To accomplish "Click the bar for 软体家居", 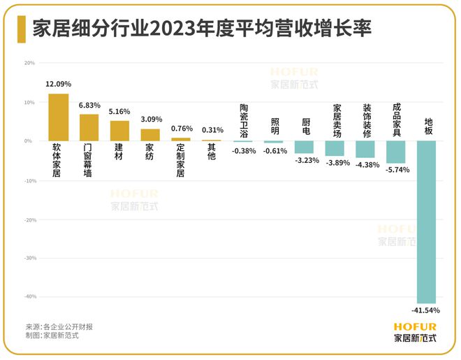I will pyautogui.click(x=58, y=117).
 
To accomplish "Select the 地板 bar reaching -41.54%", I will pyautogui.click(x=427, y=222).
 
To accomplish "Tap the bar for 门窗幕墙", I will pyautogui.click(x=89, y=128).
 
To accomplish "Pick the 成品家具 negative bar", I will pyautogui.click(x=396, y=152).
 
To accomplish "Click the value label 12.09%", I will pyautogui.click(x=58, y=85).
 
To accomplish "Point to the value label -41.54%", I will pyautogui.click(x=425, y=310).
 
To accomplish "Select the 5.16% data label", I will pyautogui.click(x=119, y=111).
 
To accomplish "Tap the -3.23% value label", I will pyautogui.click(x=304, y=160).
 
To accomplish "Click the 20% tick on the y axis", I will pyautogui.click(x=29, y=63).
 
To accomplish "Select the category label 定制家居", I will pyautogui.click(x=180, y=161).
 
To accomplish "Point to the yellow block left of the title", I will pyautogui.click(x=21, y=28).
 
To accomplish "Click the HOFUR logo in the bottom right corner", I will pyautogui.click(x=415, y=331).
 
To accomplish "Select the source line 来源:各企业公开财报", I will pyautogui.click(x=59, y=326).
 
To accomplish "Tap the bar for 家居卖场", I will pyautogui.click(x=335, y=148).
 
